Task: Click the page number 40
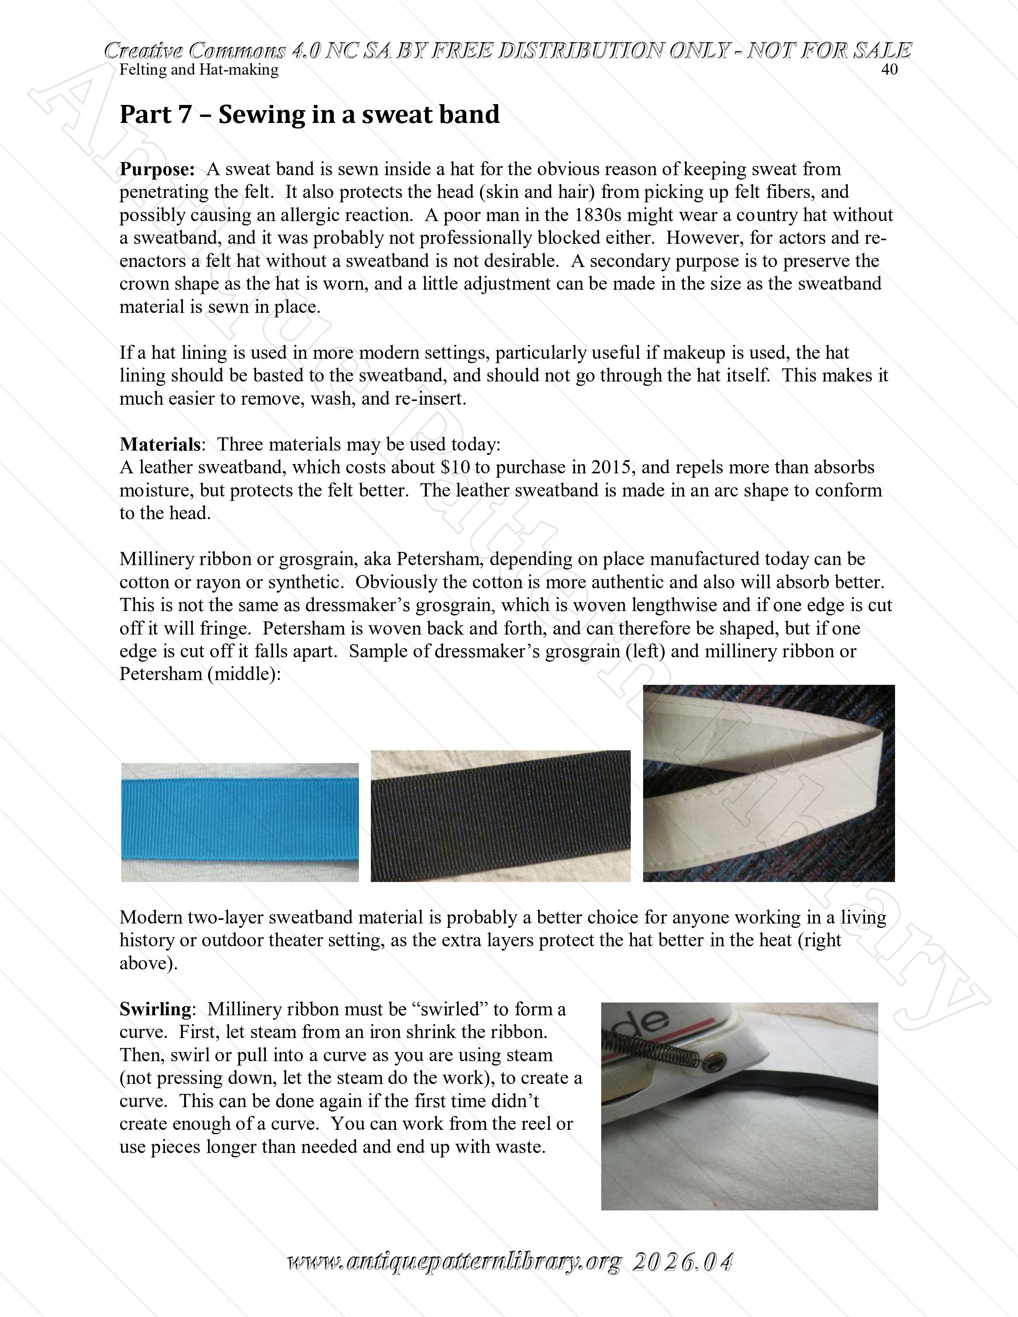[889, 70]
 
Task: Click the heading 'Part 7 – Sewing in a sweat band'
[309, 115]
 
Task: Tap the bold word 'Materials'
[160, 445]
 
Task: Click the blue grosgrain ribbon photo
[240, 821]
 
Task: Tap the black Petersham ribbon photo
[501, 815]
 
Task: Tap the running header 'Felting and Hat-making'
[199, 70]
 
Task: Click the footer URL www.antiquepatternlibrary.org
[454, 1262]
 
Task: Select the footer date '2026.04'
[682, 1262]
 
